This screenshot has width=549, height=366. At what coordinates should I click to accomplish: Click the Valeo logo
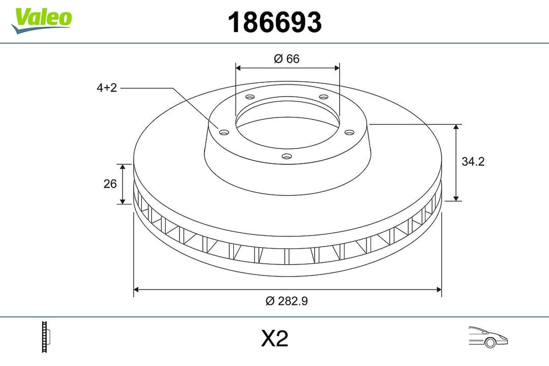click(x=42, y=19)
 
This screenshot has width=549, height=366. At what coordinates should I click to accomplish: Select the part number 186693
click(x=274, y=22)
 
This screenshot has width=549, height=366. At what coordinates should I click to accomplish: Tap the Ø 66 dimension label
click(x=287, y=59)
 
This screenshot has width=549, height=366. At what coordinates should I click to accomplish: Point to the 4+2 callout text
click(x=107, y=88)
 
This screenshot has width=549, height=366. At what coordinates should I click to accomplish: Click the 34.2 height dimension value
click(x=473, y=162)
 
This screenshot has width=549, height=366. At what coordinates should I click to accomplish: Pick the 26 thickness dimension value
click(x=110, y=184)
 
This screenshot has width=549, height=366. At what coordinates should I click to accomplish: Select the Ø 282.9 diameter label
click(x=287, y=301)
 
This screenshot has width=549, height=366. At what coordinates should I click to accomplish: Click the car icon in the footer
click(x=488, y=337)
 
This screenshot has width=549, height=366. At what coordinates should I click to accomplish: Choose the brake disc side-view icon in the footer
click(x=47, y=337)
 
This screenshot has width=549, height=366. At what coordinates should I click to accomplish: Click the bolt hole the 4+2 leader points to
click(x=224, y=132)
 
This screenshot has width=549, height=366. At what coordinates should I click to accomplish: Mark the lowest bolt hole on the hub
click(x=287, y=156)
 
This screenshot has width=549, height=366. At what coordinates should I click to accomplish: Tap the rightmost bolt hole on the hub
click(x=349, y=132)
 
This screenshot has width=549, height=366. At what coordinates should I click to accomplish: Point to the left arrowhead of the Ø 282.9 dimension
click(x=136, y=290)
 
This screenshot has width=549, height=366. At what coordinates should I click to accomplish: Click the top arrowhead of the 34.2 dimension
click(x=456, y=127)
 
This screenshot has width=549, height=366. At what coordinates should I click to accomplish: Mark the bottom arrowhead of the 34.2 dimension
click(x=456, y=198)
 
